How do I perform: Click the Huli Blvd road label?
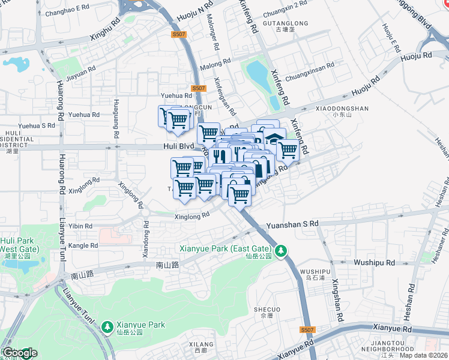point(178,146)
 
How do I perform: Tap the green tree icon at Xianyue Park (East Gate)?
point(280,249)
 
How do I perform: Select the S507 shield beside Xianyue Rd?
point(307,330)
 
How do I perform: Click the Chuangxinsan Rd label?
point(310,77)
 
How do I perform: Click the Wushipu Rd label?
point(373,262)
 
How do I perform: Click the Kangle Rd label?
point(83,245)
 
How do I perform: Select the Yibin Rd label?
point(80,226)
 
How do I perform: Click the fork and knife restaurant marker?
point(220,156)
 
